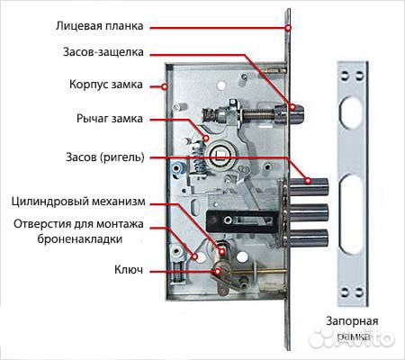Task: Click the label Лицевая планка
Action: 99,26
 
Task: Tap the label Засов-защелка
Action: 103,52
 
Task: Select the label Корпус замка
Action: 106,85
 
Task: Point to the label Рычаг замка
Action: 110,119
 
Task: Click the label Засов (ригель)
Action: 105,157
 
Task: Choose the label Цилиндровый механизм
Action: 78,202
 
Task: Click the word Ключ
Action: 129,269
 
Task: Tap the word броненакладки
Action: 80,239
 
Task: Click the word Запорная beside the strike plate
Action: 352,321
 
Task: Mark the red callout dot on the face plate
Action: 288,28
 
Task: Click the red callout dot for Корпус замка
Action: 165,86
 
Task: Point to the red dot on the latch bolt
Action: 292,107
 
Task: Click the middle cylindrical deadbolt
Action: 309,212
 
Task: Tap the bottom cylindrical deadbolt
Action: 309,238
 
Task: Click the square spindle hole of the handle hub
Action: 220,155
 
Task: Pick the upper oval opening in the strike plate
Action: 351,112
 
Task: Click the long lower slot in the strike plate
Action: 351,214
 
